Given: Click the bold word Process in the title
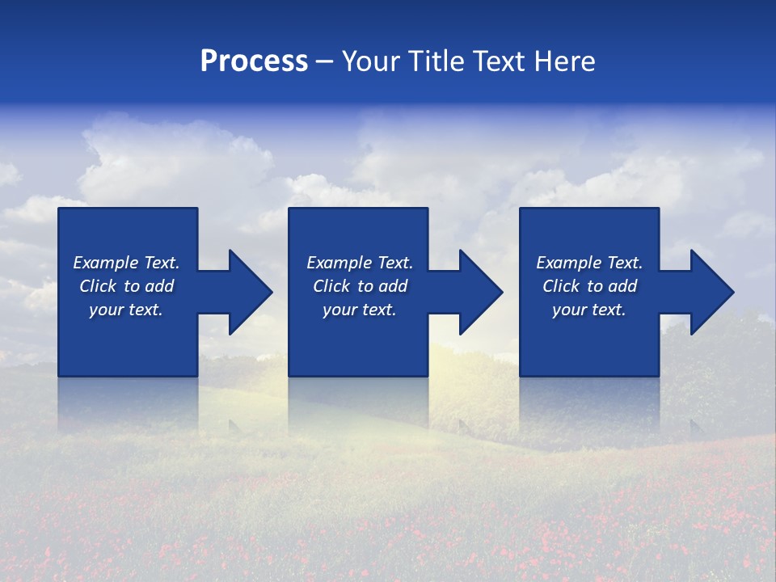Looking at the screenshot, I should point(254,61).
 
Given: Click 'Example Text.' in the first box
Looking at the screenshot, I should point(126,263).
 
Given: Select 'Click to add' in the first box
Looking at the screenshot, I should point(126,286).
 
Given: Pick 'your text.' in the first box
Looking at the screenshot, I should point(126,310).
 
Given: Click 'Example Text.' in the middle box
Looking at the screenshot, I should point(360,263).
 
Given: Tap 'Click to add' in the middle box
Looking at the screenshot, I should point(360,286).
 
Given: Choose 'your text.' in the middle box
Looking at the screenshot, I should point(360,310).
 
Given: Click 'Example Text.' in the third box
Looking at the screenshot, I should point(589,263).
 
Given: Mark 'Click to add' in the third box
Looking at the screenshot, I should point(589,286).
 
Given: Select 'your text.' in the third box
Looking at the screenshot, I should point(589,310).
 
